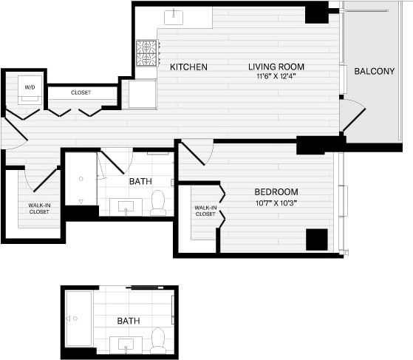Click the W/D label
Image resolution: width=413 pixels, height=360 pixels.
tap(30, 87)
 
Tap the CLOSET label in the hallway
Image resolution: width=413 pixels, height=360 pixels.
tap(81, 92)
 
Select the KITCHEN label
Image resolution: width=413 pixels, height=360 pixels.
tap(188, 67)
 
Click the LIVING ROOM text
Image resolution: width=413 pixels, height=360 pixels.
tap(276, 67)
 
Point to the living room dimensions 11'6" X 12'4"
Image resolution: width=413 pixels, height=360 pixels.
tap(276, 76)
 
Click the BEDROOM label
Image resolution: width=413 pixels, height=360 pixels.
tap(276, 192)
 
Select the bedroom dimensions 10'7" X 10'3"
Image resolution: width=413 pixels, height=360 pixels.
tap(276, 203)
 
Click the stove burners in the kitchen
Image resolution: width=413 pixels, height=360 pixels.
tap(146, 52)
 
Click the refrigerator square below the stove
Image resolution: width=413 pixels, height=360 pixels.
tap(143, 94)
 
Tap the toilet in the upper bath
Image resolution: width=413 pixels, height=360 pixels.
tap(158, 203)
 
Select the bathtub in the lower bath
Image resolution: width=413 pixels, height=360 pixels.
tap(78, 318)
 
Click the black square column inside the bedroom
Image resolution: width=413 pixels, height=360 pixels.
tap(316, 240)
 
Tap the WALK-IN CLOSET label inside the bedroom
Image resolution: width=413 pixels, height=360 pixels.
tap(205, 211)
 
